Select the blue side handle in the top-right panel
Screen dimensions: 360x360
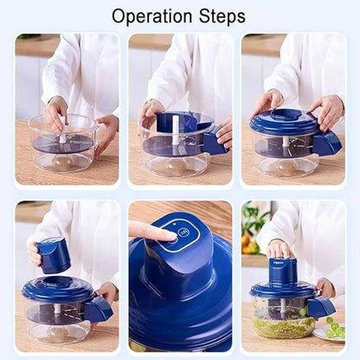[328, 144]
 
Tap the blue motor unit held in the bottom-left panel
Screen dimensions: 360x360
[54, 254]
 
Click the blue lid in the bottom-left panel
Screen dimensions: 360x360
[56, 291]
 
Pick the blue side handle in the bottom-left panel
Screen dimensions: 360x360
[98, 307]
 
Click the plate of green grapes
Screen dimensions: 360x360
[333, 330]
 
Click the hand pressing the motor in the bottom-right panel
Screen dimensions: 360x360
[280, 249]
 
